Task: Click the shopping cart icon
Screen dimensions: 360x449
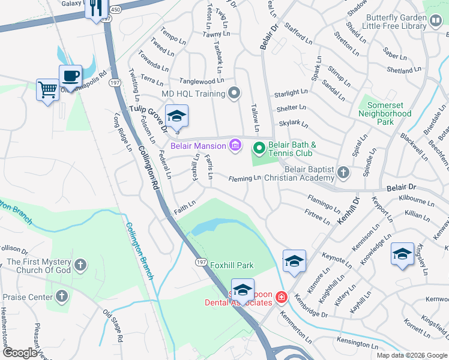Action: click(47, 90)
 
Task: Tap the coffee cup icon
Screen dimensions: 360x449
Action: click(70, 76)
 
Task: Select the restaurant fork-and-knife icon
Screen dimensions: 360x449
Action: click(95, 8)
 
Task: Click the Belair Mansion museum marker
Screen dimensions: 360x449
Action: click(235, 145)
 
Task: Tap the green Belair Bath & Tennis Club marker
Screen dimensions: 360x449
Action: click(259, 147)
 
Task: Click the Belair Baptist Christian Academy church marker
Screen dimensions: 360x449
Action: click(343, 173)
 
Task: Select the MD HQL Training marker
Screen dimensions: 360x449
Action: click(235, 93)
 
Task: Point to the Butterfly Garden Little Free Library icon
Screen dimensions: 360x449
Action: click(436, 22)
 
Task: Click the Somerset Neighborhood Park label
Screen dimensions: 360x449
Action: click(385, 113)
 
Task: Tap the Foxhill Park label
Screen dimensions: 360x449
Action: click(232, 265)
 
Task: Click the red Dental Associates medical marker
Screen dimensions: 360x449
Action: click(280, 297)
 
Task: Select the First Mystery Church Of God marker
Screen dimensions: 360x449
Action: click(80, 265)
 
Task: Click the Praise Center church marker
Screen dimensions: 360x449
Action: click(62, 296)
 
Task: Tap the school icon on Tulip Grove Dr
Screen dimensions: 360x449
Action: click(176, 116)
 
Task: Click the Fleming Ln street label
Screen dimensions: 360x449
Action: click(244, 178)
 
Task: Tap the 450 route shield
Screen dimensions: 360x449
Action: click(116, 10)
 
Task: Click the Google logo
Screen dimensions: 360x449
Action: click(20, 352)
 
